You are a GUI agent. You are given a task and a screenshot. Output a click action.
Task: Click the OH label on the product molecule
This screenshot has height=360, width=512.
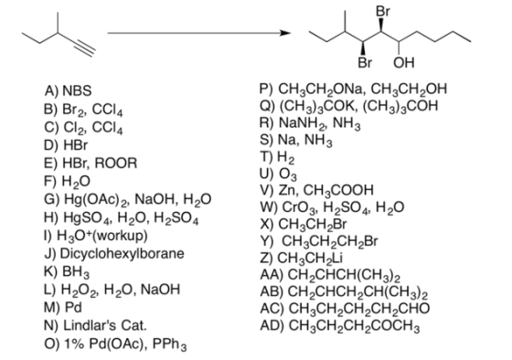(404, 62)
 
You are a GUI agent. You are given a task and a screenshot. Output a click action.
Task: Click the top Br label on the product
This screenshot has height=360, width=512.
(383, 11)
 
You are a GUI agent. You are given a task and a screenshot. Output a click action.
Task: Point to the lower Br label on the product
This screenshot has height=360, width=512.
(365, 62)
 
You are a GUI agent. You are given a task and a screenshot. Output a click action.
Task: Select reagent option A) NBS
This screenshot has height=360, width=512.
(68, 90)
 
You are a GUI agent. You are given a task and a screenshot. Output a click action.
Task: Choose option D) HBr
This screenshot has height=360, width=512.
(66, 144)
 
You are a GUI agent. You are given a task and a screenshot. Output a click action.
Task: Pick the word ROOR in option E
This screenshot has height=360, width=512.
(116, 163)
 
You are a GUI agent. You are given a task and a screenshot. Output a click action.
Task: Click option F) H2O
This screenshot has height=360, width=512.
(67, 182)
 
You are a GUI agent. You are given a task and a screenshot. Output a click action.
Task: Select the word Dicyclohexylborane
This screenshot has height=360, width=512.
(123, 254)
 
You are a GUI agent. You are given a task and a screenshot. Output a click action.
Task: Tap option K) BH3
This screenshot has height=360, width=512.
(67, 272)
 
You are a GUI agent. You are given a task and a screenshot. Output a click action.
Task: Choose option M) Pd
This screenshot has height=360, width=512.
(63, 307)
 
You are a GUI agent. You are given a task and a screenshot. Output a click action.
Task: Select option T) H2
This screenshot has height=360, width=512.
(277, 157)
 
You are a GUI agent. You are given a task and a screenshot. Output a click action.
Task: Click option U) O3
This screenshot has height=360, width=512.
(279, 175)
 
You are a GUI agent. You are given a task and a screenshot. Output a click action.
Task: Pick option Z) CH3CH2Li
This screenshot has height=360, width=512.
(302, 259)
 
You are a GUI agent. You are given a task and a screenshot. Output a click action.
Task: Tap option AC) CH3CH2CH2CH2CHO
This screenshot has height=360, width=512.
(345, 309)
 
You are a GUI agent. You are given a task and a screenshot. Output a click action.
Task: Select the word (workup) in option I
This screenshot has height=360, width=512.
(121, 236)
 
